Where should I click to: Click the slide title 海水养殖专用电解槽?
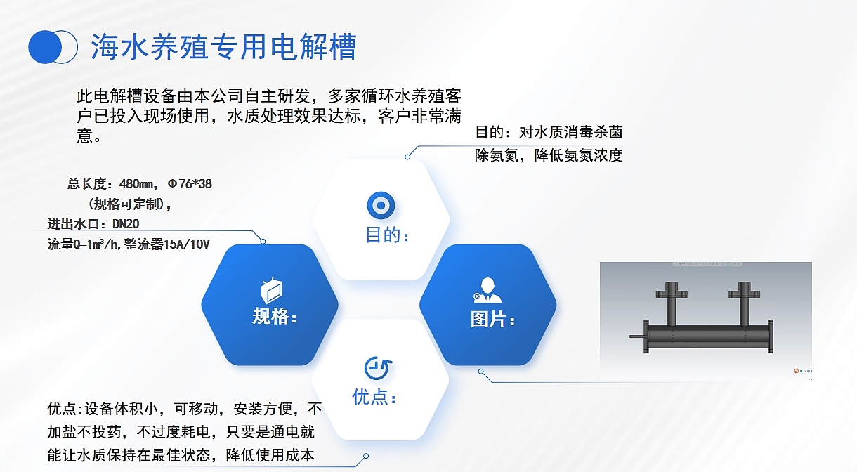(223, 47)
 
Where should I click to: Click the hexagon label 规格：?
(275, 317)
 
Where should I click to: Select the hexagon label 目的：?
(387, 235)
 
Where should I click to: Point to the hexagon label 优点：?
(375, 398)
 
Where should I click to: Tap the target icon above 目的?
(381, 206)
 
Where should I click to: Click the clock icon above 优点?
(378, 367)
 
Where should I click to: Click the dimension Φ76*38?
(190, 184)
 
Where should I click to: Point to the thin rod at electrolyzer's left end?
(638, 339)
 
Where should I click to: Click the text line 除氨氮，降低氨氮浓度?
(549, 156)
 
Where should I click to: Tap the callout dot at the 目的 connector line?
(407, 157)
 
